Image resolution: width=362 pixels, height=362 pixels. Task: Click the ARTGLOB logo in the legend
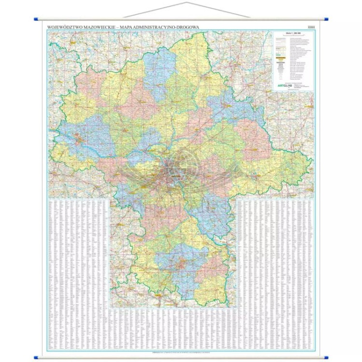click(x=284, y=84)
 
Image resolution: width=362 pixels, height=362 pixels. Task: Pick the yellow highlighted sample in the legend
click(x=280, y=57)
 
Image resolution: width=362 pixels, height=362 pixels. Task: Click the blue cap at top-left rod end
click(x=36, y=20)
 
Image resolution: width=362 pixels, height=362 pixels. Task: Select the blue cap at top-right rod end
click(x=327, y=20)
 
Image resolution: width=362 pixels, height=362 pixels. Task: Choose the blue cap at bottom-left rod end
click(x=36, y=358)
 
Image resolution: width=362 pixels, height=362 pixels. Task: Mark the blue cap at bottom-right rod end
click(x=327, y=358)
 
